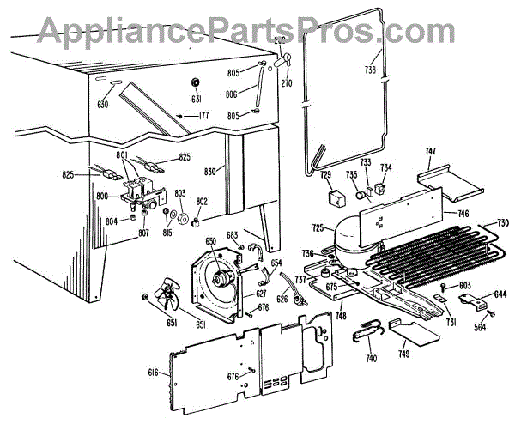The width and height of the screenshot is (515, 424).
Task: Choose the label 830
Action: [x=209, y=170]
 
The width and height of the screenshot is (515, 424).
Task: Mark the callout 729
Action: [x=326, y=174]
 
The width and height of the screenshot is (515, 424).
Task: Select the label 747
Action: [x=430, y=150]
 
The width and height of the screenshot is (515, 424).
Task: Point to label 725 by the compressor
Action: [x=318, y=227]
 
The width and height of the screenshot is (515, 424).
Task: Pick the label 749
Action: [x=404, y=354]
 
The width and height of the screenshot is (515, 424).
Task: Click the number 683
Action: [x=231, y=234]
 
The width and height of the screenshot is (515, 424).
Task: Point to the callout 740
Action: [x=371, y=358]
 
